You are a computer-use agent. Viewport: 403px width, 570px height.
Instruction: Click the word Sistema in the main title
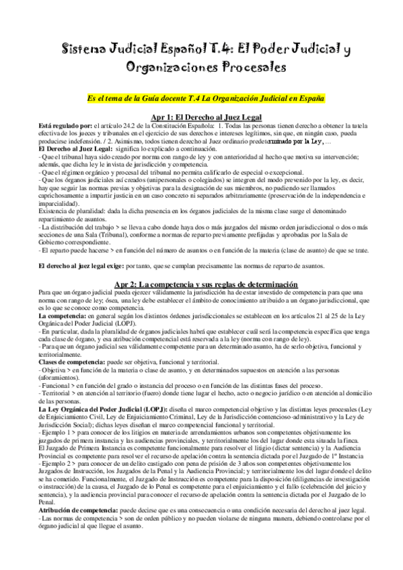(83, 50)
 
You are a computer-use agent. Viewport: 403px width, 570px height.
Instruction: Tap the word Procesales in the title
(244, 67)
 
